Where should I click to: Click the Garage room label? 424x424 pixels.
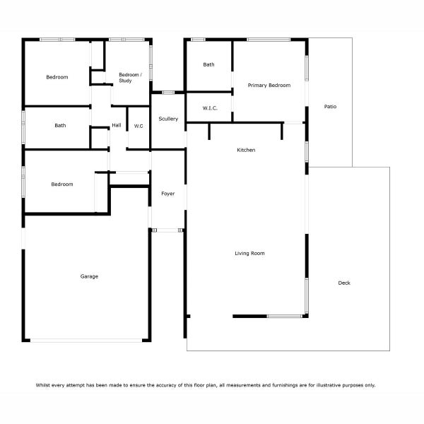point(89,276)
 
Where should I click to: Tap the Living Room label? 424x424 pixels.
point(249,254)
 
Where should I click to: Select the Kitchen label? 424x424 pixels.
point(246,150)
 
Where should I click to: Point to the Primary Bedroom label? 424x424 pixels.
point(269,86)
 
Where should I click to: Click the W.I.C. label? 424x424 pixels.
point(210,108)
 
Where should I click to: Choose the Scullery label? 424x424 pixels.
point(168,119)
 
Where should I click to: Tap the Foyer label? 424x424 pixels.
point(168,194)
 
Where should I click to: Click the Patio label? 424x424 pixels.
point(330,107)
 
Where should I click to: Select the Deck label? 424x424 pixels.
point(344,283)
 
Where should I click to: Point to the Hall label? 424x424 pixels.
point(117,125)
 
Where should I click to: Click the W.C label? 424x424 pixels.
point(139,126)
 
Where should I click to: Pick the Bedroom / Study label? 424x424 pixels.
point(130,78)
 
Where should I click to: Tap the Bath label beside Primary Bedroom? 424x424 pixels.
point(208,64)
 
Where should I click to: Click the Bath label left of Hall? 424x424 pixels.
point(60,126)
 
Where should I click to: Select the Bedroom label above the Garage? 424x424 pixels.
point(62,184)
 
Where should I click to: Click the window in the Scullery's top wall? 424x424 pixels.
point(168,93)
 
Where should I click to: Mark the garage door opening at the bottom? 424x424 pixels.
point(86,341)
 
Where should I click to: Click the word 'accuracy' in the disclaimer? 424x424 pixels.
point(167,385)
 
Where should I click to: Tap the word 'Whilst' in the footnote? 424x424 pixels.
point(42,385)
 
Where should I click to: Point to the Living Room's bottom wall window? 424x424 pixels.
point(285,316)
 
